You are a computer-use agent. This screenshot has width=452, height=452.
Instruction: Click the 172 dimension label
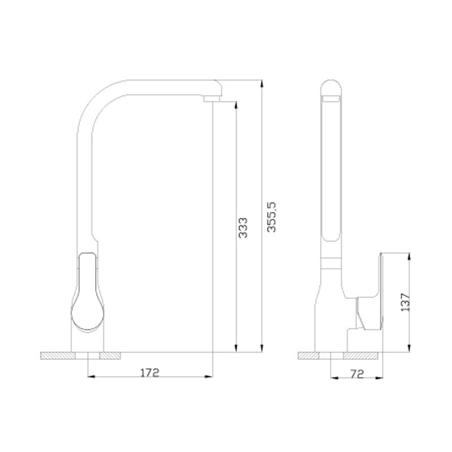tap(150, 372)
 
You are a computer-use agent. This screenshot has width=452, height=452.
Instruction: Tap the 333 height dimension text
tap(243, 228)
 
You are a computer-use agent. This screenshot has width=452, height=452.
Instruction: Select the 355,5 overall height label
tap(271, 217)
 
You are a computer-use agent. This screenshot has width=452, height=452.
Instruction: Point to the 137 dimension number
tap(405, 302)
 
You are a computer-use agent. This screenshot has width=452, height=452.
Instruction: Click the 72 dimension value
tap(358, 374)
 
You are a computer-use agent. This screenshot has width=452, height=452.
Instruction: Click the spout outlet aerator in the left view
tap(212, 99)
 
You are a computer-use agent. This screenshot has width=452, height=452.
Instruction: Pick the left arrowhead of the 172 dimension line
tap(92, 376)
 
